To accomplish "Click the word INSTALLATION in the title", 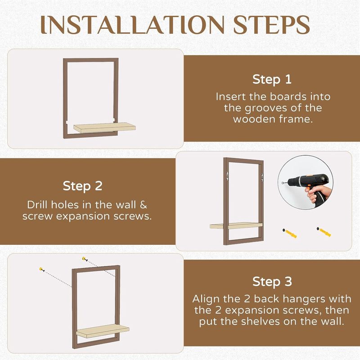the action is point(132,25).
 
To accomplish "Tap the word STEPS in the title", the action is point(272,25).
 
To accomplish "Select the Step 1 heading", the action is point(272,80).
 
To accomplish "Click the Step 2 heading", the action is point(83,186).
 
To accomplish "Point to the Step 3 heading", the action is point(272,282).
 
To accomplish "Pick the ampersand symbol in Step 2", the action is point(143,205).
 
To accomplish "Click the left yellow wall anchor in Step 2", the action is point(290,233).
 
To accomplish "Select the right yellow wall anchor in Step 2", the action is point(324,232).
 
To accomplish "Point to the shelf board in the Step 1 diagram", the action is point(104,128).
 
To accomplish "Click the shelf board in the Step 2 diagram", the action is point(236,226).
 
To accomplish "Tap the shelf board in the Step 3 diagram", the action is point(103,331).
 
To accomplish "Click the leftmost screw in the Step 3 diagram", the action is point(41,269).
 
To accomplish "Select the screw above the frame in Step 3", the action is point(85,259).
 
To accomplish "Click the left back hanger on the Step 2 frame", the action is point(227,174).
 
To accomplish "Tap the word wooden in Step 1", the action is point(253,119).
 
